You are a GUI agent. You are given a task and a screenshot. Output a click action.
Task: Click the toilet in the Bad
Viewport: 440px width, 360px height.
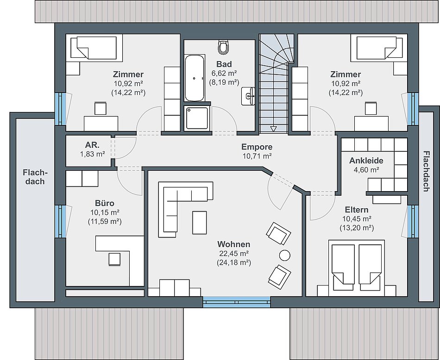coord(223,47)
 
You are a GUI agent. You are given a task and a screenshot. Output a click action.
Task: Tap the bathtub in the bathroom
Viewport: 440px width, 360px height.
coord(194,78)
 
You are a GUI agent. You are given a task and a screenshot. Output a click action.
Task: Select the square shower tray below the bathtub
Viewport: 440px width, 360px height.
coord(197,118)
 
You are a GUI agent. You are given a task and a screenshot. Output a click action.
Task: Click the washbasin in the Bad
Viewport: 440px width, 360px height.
coord(248,96)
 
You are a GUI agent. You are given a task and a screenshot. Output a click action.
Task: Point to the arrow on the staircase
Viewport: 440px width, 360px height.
coord(273,129)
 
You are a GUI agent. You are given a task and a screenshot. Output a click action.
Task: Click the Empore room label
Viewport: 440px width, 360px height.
coord(257,147)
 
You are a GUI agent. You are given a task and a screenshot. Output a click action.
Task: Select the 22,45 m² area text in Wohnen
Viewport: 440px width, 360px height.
coord(234,254)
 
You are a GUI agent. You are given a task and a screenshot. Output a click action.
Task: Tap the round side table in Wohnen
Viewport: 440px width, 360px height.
coord(285,255)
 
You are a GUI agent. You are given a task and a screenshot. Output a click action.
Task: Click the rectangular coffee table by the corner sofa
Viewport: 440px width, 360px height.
coord(200,223)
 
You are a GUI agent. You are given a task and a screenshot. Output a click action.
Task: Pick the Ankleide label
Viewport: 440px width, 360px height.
coord(366,161)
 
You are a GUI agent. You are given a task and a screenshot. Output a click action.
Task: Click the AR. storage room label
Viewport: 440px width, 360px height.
coord(92,145)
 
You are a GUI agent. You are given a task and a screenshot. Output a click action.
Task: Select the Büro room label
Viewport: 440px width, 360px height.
coord(104,203)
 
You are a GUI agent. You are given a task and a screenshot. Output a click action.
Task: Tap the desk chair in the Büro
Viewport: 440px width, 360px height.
coord(114,259)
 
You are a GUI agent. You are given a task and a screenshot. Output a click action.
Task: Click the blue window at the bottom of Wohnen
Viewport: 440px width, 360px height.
coord(237,302)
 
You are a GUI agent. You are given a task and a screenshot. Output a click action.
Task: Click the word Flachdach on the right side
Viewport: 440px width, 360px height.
coord(426,171)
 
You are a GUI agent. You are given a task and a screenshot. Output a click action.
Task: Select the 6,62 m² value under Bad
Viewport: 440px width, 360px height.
coord(224,73)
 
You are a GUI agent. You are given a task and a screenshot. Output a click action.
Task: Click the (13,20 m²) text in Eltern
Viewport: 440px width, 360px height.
coord(357,228)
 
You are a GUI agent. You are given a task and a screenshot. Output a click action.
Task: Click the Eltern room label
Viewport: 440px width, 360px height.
coord(356,210)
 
